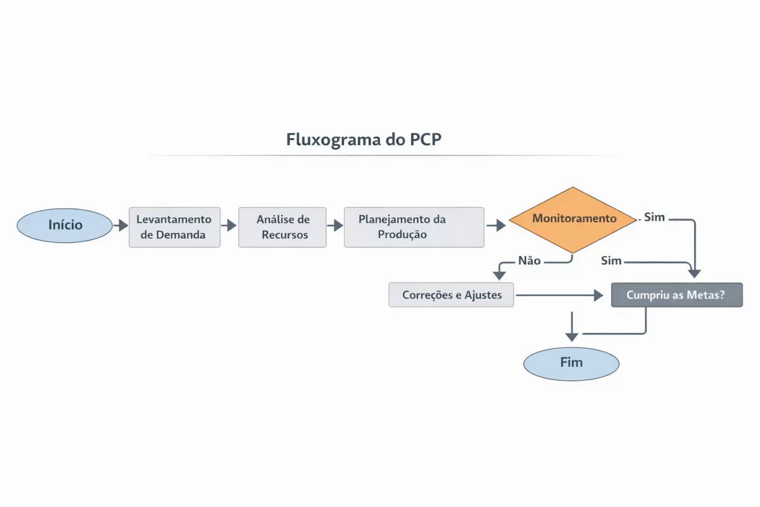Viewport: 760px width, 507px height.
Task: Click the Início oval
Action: pos(65,226)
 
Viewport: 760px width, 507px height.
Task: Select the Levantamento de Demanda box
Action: pos(175,227)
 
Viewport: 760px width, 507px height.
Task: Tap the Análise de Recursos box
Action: pos(282,227)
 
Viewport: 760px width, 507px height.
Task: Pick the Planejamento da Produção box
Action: pos(414,227)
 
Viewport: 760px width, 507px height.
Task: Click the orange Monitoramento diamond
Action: pos(573,219)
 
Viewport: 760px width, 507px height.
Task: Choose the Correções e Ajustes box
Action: pos(451,295)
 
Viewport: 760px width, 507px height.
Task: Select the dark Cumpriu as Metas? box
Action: pos(676,295)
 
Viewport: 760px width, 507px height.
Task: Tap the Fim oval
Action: pos(571,364)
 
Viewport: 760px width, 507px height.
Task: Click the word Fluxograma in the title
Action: pos(332,139)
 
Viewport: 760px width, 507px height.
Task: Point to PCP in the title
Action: pos(422,139)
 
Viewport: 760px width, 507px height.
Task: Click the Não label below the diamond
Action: pos(529,260)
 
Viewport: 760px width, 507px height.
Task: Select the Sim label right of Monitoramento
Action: pos(655,217)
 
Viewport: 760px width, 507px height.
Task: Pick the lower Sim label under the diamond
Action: pos(611,260)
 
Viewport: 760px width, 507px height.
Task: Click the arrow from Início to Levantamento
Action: pos(120,226)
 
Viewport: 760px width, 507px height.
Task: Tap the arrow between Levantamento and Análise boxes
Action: pos(229,226)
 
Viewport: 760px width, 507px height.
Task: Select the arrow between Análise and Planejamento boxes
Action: pos(335,226)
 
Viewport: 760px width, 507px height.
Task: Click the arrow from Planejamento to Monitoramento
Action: pos(497,226)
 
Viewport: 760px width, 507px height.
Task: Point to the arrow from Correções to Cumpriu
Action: pos(557,295)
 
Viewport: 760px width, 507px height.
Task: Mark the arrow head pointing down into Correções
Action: pos(500,275)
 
